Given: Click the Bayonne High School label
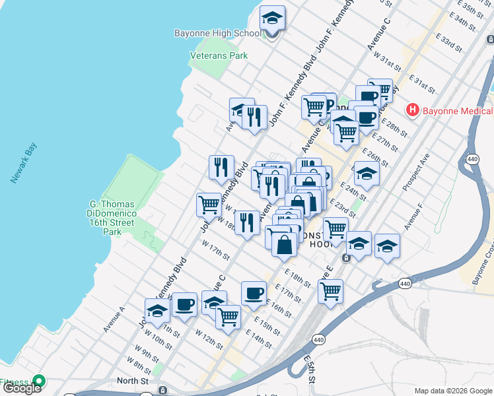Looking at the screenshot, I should click(x=218, y=33).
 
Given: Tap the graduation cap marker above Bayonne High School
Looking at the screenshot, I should click(x=271, y=18).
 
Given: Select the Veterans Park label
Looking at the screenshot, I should click(x=219, y=56).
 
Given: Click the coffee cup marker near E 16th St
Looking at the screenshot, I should click(x=253, y=294).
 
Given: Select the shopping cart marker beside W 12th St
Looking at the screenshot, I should click(x=228, y=317).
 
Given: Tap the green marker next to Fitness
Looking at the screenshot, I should click(x=39, y=381).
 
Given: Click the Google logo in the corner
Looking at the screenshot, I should click(x=21, y=387).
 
